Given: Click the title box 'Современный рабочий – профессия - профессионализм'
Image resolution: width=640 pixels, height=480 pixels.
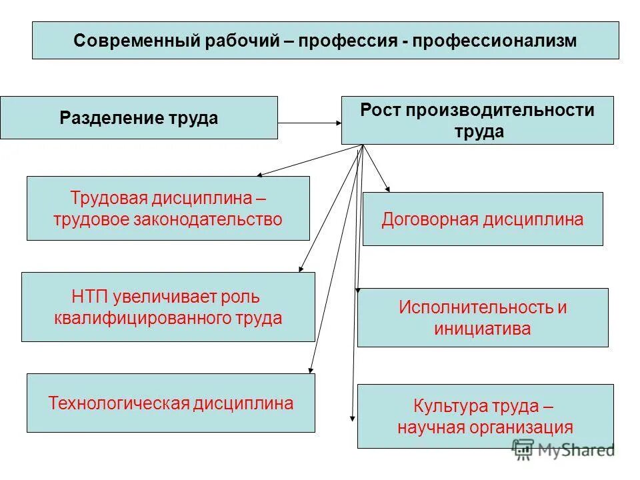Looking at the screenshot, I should [x=325, y=40].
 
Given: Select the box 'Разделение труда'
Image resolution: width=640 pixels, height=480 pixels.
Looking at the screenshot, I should [x=139, y=118].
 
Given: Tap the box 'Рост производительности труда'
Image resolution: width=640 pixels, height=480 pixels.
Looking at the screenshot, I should [x=477, y=120].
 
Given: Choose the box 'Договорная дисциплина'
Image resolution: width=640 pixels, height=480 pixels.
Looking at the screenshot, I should [x=483, y=219].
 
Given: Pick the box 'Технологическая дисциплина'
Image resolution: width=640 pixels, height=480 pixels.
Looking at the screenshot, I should [x=171, y=403].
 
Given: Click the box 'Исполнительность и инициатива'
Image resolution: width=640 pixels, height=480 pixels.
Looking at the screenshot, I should [x=483, y=317].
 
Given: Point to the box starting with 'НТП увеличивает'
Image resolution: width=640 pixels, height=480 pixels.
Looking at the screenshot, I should [x=168, y=307].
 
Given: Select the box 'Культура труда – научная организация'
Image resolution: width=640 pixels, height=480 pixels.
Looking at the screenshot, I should [x=485, y=416].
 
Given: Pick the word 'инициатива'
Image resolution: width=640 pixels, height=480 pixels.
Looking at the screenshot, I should [x=483, y=328].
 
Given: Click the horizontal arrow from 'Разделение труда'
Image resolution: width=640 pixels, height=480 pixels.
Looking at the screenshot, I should [x=309, y=123].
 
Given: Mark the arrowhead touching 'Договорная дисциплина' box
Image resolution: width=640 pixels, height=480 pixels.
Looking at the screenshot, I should [x=387, y=189].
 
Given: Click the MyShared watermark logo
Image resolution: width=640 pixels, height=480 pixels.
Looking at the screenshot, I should [x=563, y=450].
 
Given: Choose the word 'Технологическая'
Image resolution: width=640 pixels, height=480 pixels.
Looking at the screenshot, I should [x=119, y=403].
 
